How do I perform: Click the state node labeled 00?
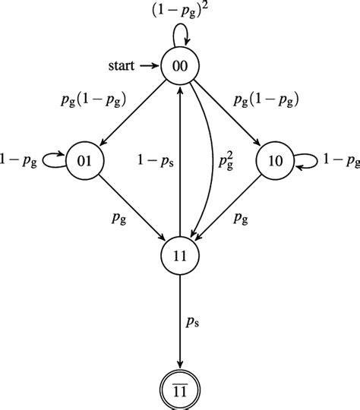coord(180,67)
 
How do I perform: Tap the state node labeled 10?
coord(274,160)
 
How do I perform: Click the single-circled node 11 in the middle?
coord(180,254)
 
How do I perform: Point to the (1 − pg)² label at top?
coord(180,11)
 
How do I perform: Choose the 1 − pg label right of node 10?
coord(339,160)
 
